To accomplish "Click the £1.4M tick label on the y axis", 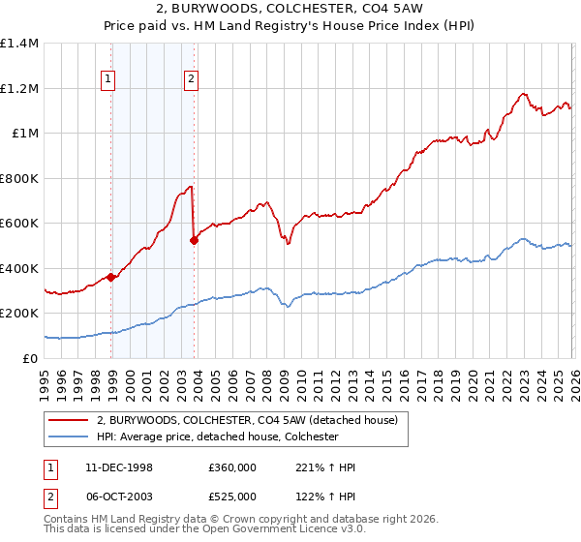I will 19,44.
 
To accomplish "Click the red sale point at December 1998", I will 111,277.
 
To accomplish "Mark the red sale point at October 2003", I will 194,240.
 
